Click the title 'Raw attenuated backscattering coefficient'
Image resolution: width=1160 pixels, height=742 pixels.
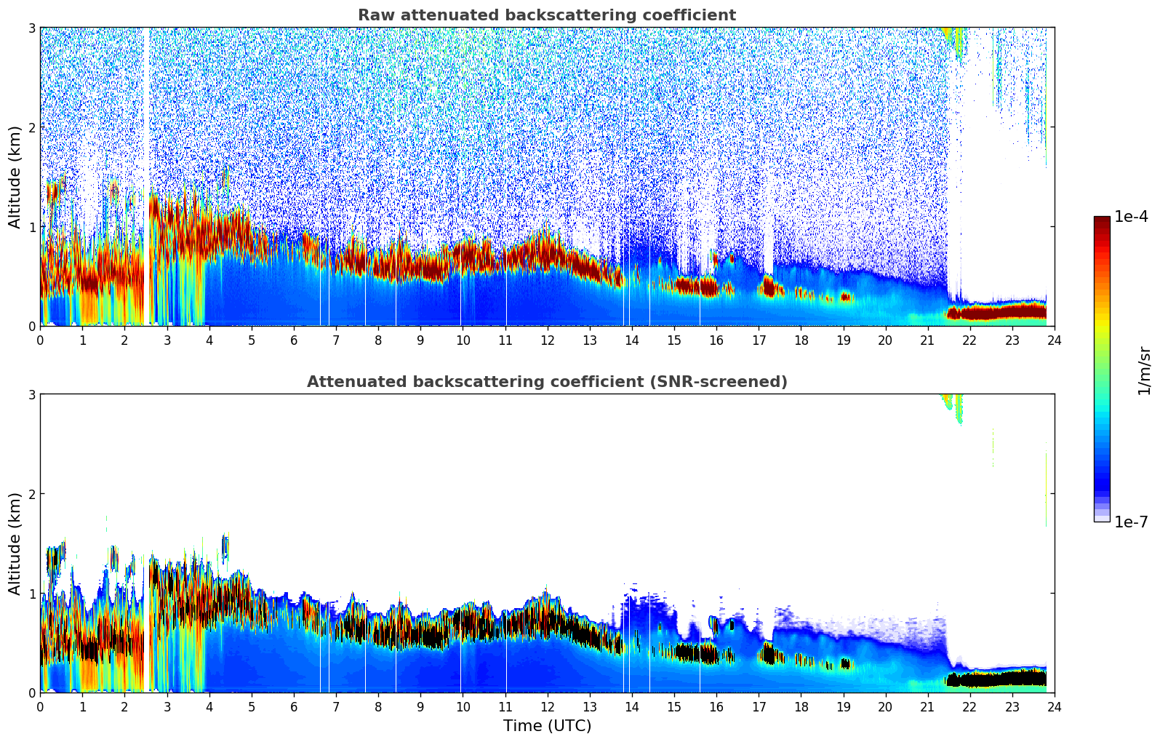[546, 15]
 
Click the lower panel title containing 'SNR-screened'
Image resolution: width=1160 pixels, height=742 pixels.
[546, 382]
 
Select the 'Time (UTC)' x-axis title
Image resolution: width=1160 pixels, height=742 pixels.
[547, 726]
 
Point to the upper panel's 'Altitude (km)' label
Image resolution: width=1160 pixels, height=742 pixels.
[15, 177]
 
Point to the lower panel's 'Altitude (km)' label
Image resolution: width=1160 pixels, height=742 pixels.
[15, 543]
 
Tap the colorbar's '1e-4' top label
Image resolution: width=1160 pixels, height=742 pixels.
[1131, 217]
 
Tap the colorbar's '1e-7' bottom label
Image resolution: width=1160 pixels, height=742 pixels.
[1131, 522]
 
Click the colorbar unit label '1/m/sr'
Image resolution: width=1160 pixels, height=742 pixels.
[1145, 370]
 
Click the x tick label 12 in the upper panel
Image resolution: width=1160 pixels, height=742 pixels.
[547, 340]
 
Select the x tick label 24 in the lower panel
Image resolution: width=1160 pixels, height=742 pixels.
[1054, 706]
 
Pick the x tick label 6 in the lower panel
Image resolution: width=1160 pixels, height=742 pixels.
[294, 706]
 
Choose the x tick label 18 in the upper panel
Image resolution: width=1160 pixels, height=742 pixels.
[801, 340]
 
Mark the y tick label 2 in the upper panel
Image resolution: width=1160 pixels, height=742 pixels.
[31, 127]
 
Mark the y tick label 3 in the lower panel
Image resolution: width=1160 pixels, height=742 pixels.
[31, 394]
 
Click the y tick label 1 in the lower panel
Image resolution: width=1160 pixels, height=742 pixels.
[31, 594]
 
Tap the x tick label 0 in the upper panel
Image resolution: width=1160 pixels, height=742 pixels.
[40, 340]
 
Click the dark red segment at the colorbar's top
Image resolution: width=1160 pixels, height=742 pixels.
[1102, 223]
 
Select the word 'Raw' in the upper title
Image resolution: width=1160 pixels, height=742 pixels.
[372, 15]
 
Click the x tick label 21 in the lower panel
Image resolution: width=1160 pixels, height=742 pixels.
[927, 706]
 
